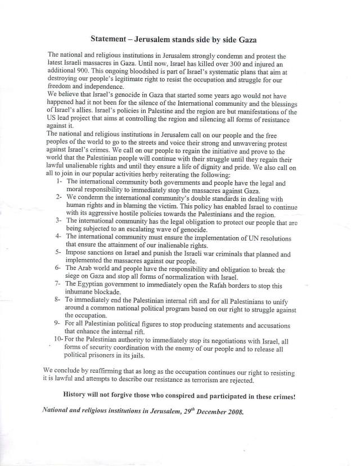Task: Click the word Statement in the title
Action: tap(111, 39)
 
